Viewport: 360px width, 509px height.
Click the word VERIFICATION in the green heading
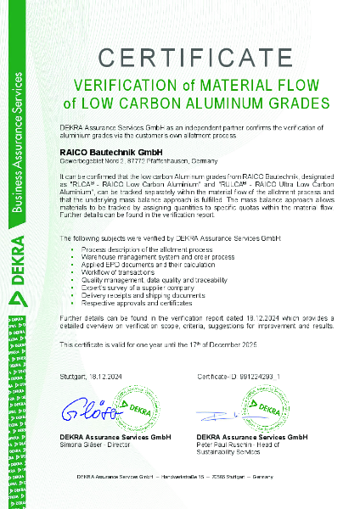tap(121, 86)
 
